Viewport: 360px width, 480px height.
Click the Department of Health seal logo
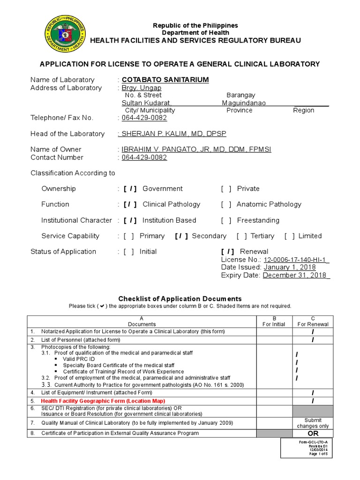(x=65, y=35)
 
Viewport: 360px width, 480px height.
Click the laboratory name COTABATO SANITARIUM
(x=165, y=80)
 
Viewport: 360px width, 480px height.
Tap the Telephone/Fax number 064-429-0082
(x=144, y=118)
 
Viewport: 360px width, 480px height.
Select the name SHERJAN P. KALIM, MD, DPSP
(x=173, y=134)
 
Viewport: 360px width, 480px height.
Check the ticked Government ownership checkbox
(x=130, y=189)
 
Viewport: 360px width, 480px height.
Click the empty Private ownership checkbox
(x=226, y=189)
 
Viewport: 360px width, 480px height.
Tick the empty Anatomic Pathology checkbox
(x=226, y=204)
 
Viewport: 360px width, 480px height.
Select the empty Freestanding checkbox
(x=226, y=220)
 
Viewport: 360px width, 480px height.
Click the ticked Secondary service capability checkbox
(x=181, y=236)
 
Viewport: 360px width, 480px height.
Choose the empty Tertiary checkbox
(x=242, y=236)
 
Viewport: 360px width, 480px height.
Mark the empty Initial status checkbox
(x=129, y=252)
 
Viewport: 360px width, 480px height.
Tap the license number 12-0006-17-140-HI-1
(x=296, y=260)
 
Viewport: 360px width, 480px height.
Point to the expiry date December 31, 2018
(x=296, y=275)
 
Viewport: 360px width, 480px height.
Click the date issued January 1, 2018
(x=289, y=267)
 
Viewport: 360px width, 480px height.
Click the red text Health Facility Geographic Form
(x=103, y=401)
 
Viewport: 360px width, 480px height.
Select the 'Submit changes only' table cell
(x=313, y=423)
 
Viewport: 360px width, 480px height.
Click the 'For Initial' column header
(x=274, y=324)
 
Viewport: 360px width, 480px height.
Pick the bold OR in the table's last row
(x=313, y=434)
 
